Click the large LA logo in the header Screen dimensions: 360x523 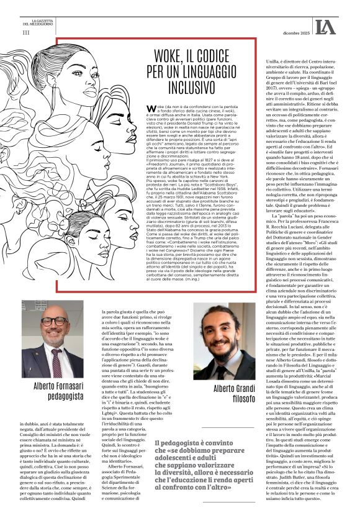(325, 26)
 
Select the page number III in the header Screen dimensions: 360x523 (25, 32)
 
